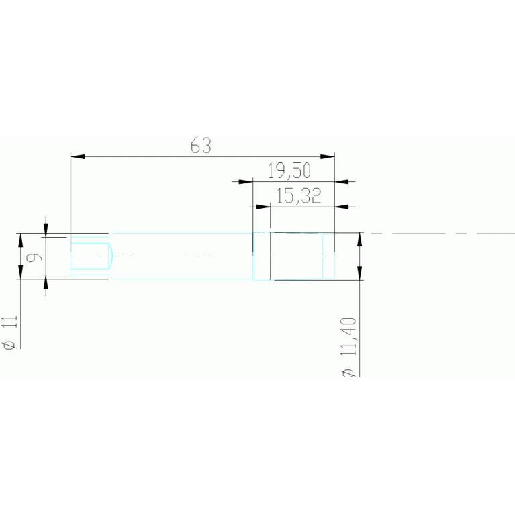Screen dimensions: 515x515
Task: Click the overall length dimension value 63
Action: point(201,146)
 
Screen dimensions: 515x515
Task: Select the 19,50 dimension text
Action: point(293,171)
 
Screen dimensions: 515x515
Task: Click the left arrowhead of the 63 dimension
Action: point(78,157)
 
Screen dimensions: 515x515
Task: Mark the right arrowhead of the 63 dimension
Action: point(327,157)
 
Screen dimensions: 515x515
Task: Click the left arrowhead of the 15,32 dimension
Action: point(262,207)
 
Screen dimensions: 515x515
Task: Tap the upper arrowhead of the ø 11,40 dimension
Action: point(360,240)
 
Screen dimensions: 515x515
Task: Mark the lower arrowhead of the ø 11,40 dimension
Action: point(360,272)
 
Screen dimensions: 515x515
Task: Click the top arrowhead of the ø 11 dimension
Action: point(20,240)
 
